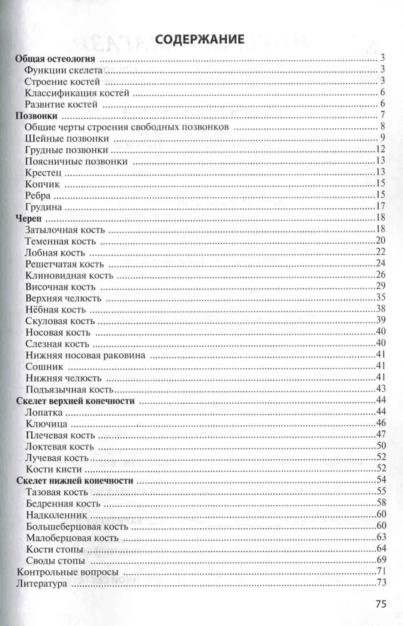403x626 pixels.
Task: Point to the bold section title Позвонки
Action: (37, 115)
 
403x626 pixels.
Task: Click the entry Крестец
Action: (44, 172)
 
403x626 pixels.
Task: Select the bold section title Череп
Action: (29, 218)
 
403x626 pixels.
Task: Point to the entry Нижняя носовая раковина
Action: (86, 355)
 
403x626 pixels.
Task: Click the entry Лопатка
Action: (45, 412)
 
